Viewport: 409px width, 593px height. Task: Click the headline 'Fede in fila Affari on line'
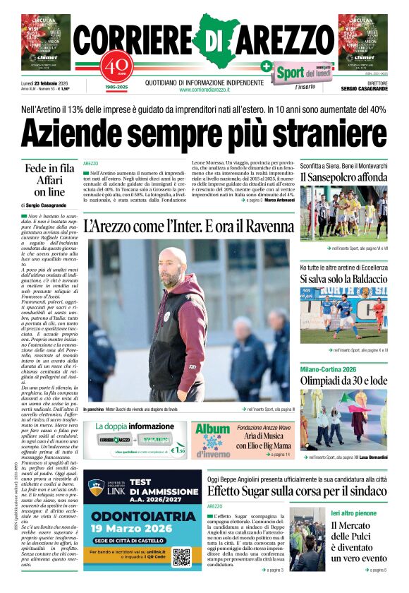pos(49,180)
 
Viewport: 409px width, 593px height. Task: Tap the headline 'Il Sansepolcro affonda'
pos(343,176)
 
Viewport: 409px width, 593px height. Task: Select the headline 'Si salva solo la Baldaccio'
pos(343,280)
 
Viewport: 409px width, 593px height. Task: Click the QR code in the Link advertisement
pos(181,556)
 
